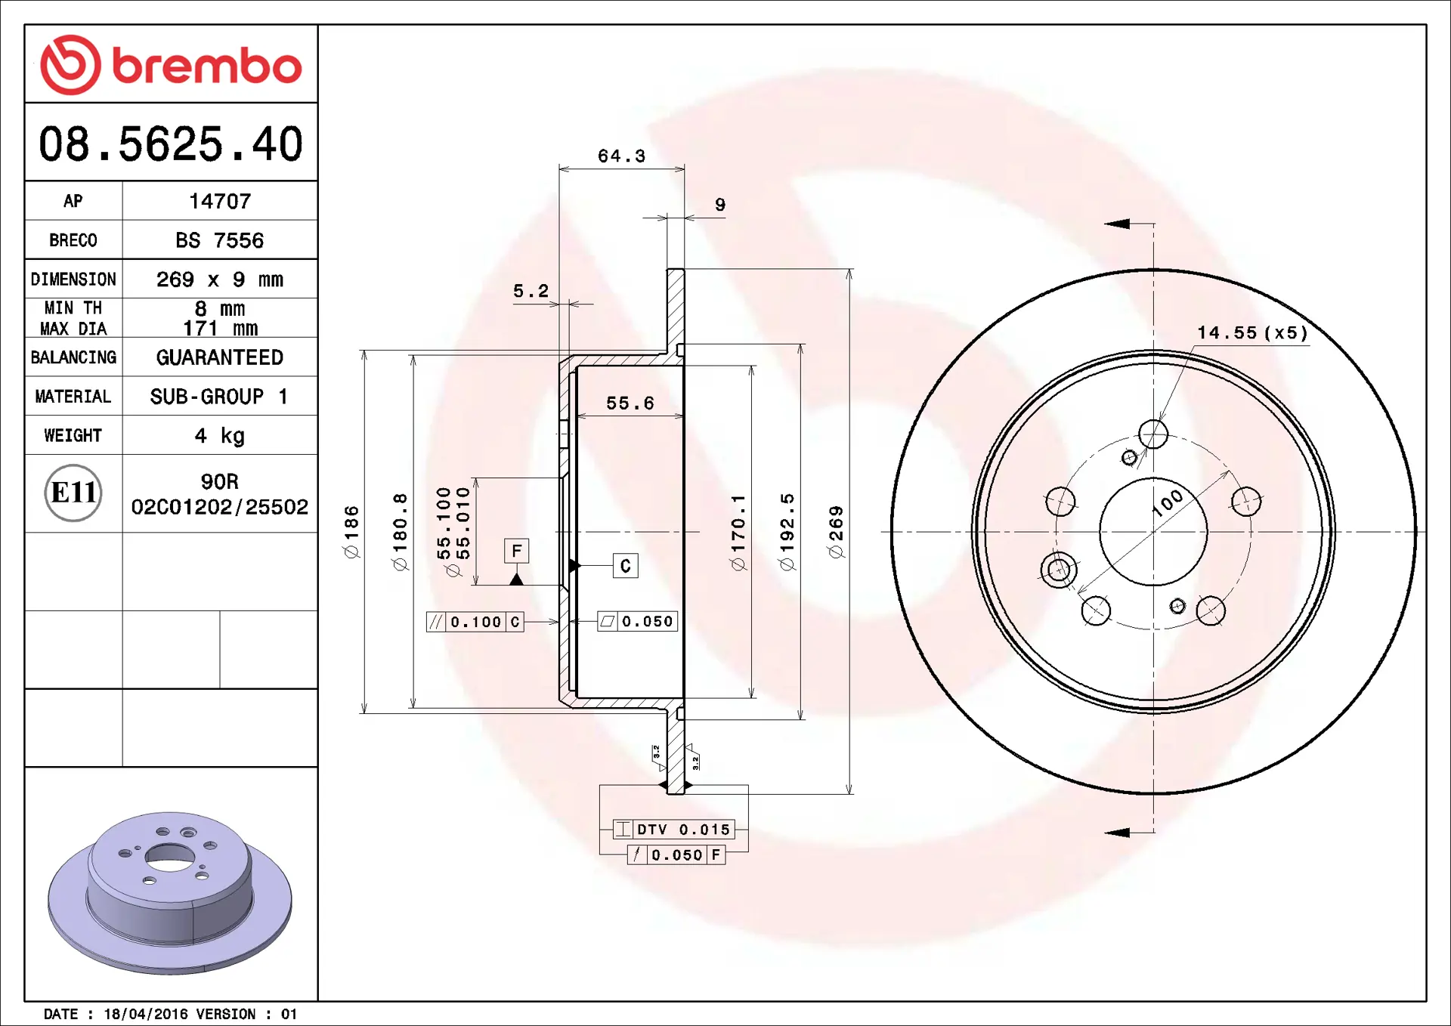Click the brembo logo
pos(171,65)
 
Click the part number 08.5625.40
pos(171,144)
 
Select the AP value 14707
pos(220,201)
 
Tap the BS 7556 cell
pos(220,240)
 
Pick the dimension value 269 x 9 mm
pos(220,280)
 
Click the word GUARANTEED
pos(220,357)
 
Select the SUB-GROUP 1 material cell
pos(219,397)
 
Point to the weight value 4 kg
pos(220,436)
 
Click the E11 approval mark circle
pos(73,493)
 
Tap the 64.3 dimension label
pos(622,156)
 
